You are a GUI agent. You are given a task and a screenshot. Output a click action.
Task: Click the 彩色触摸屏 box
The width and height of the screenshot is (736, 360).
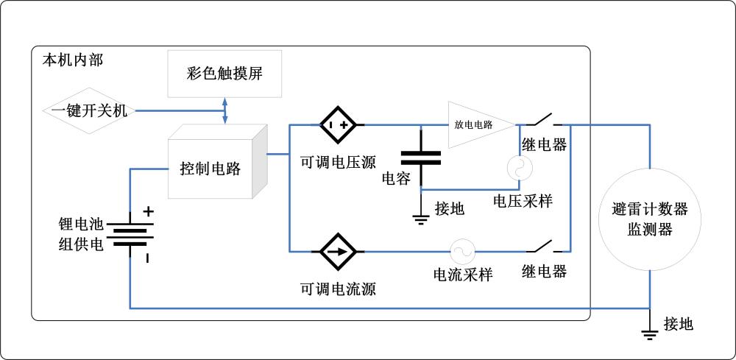pos(224,74)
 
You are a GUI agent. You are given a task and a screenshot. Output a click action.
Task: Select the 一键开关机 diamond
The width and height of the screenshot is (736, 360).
pos(89,111)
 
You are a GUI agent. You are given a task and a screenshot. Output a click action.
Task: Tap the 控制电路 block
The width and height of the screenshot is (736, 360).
pos(213,168)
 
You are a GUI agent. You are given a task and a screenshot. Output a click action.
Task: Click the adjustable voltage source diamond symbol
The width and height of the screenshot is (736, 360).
pos(338,126)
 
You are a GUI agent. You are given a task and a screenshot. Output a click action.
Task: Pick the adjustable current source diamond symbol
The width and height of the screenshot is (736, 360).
pos(338,251)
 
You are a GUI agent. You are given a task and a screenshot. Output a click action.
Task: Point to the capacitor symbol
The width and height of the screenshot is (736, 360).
pos(420,158)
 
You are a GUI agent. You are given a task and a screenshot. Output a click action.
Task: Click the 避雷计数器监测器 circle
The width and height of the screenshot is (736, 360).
pos(650,219)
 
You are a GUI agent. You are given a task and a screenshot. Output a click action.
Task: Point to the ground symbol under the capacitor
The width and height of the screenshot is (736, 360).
pos(420,217)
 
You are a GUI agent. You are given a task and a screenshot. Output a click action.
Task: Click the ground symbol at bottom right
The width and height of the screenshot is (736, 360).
pos(650,333)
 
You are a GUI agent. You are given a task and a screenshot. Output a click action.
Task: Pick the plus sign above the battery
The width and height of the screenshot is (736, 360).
pos(148,211)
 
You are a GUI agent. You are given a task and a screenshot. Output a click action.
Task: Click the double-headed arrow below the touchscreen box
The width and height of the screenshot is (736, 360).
pos(224,110)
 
